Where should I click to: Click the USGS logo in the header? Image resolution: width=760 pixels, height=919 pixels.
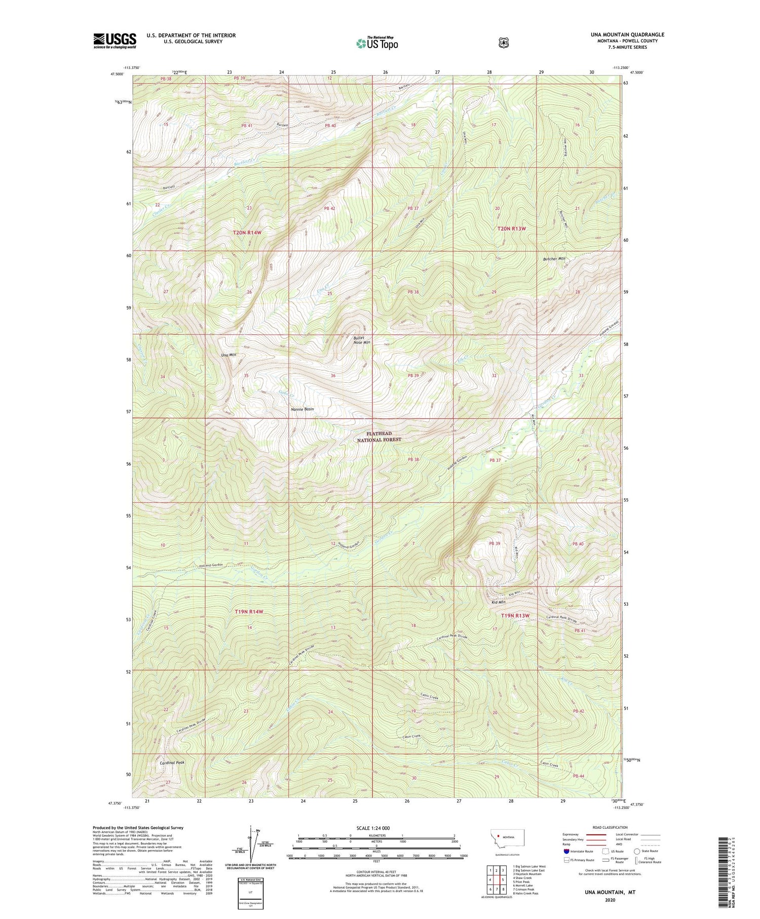pyautogui.click(x=115, y=41)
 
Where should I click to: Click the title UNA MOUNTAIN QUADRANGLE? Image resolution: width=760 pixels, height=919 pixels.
pyautogui.click(x=627, y=34)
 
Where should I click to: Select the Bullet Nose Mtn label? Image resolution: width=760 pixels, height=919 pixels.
pyautogui.click(x=362, y=340)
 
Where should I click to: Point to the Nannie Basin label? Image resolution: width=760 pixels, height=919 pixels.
pyautogui.click(x=302, y=409)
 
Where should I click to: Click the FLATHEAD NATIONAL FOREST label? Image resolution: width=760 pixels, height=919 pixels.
pyautogui.click(x=379, y=437)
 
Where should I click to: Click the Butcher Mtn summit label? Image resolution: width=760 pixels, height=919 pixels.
pyautogui.click(x=554, y=259)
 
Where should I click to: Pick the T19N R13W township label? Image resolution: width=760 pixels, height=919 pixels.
pyautogui.click(x=515, y=616)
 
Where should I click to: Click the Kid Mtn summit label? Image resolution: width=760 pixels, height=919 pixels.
pyautogui.click(x=499, y=603)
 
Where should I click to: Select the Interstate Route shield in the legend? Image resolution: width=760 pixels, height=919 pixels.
pyautogui.click(x=566, y=851)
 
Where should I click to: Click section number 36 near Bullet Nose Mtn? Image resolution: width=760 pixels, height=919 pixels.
pyautogui.click(x=333, y=376)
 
